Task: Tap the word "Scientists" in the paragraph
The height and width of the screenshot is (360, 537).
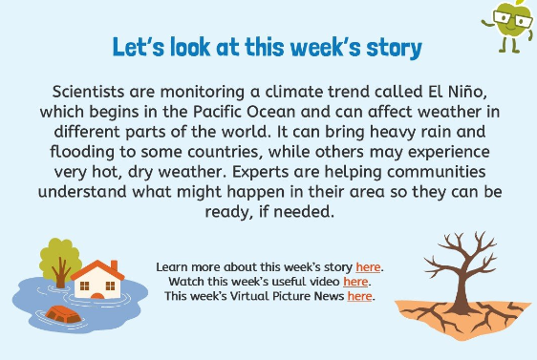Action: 88,92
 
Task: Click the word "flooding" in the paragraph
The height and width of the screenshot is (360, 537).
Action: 82,152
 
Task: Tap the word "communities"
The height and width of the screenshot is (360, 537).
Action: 436,172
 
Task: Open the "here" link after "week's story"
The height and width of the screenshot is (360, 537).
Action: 368,267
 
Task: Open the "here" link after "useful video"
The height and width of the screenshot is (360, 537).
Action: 355,282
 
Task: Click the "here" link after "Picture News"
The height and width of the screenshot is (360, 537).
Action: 359,296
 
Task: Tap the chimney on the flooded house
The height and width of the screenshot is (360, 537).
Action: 115,265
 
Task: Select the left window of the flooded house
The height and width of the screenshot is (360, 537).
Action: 84,286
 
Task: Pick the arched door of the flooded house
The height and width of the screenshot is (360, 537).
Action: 97,296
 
